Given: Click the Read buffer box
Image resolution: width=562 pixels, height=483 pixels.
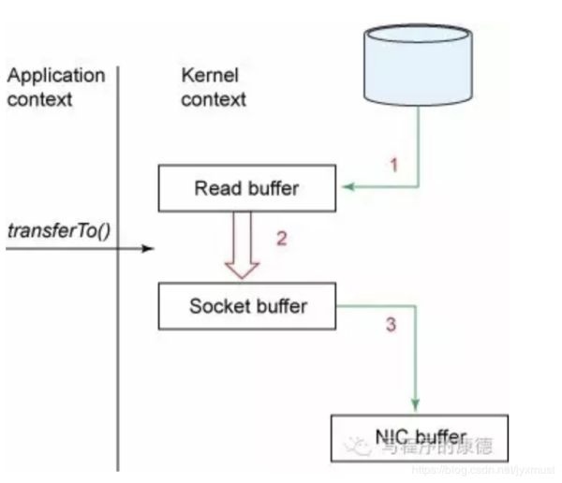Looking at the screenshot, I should pos(245,188).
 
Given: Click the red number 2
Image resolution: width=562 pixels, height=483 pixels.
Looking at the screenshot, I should pos(280,238).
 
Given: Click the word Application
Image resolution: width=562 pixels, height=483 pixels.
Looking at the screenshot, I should pos(56,76).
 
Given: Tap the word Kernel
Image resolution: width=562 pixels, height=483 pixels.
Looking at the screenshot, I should pos(209,76).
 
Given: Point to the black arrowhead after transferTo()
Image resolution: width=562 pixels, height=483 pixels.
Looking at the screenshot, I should pos(146,249).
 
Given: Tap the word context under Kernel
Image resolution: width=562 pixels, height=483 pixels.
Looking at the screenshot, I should pos(214,98).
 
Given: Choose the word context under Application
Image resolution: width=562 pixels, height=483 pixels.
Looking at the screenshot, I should pos(38,98).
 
